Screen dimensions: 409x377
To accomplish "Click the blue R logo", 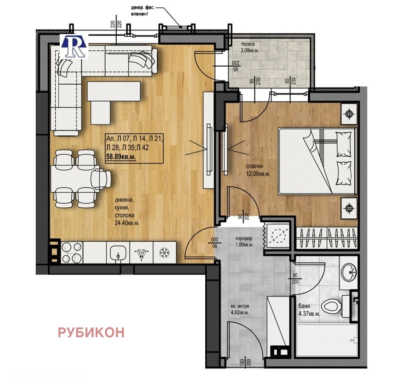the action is click(x=74, y=46).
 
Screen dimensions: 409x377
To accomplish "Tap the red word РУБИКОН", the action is click(x=91, y=332).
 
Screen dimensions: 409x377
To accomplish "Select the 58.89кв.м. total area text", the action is click(x=121, y=157).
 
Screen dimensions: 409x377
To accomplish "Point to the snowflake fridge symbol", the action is click(x=164, y=253).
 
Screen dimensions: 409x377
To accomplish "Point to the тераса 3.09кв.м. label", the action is click(x=250, y=47).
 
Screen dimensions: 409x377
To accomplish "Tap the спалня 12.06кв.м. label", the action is click(x=258, y=170).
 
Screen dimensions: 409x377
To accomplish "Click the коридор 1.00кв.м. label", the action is click(x=244, y=241).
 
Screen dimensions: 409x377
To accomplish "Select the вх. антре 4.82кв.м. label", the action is click(x=240, y=309).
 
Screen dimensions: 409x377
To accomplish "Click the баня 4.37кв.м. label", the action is click(x=309, y=311).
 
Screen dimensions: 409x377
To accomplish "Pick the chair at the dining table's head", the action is click(x=101, y=178).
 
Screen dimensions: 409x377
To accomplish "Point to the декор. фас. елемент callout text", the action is click(x=143, y=11).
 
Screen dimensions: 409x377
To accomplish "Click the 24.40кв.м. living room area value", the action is click(x=127, y=223).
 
